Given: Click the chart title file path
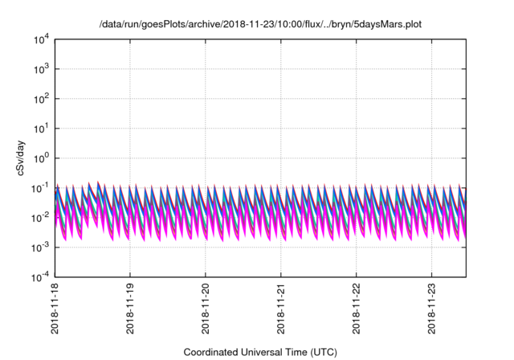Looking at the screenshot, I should (x=259, y=25).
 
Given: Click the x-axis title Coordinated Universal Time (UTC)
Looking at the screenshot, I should (x=259, y=352).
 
